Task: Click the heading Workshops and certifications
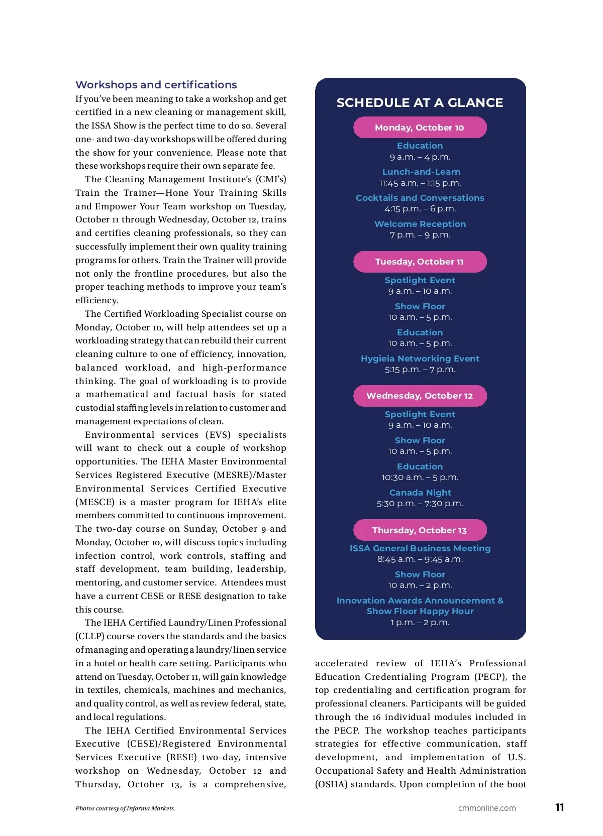coord(156,85)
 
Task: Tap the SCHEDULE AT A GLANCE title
coord(420,103)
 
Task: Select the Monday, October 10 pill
coord(420,128)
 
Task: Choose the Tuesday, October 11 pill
coord(420,262)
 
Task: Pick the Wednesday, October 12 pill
coord(420,396)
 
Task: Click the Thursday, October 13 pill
coord(420,530)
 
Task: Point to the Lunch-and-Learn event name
coord(421,172)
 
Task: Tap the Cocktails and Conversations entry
coord(420,198)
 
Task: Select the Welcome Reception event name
coord(420,224)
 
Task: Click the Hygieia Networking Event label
coord(420,359)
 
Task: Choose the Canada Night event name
coord(420,493)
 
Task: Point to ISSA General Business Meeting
coord(420,548)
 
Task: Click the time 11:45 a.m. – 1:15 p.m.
coord(420,183)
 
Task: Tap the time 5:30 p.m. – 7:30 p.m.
coord(420,504)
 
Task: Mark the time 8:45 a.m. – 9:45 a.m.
coord(420,559)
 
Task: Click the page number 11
coord(559,807)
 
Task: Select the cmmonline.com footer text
coord(486,808)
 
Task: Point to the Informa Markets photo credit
coord(125,808)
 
